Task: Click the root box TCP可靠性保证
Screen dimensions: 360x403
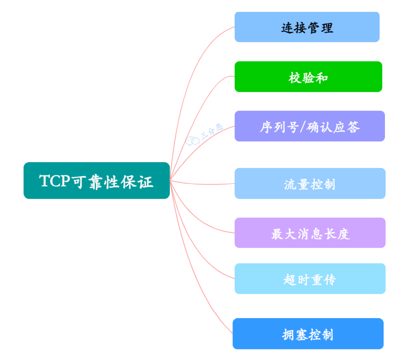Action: pyautogui.click(x=96, y=180)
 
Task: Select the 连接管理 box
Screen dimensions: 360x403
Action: pyautogui.click(x=307, y=27)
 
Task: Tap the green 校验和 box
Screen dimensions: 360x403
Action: pyautogui.click(x=308, y=77)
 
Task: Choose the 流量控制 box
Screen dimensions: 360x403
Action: pyautogui.click(x=310, y=183)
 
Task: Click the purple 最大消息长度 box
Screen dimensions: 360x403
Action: pyautogui.click(x=310, y=233)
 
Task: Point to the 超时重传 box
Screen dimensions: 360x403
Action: pyautogui.click(x=310, y=278)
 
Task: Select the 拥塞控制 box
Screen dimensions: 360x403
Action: pyautogui.click(x=308, y=334)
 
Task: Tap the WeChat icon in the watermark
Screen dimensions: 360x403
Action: pyautogui.click(x=192, y=141)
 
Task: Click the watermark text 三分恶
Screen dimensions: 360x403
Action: pyautogui.click(x=212, y=131)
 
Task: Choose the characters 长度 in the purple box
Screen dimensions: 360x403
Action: pyautogui.click(x=336, y=233)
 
